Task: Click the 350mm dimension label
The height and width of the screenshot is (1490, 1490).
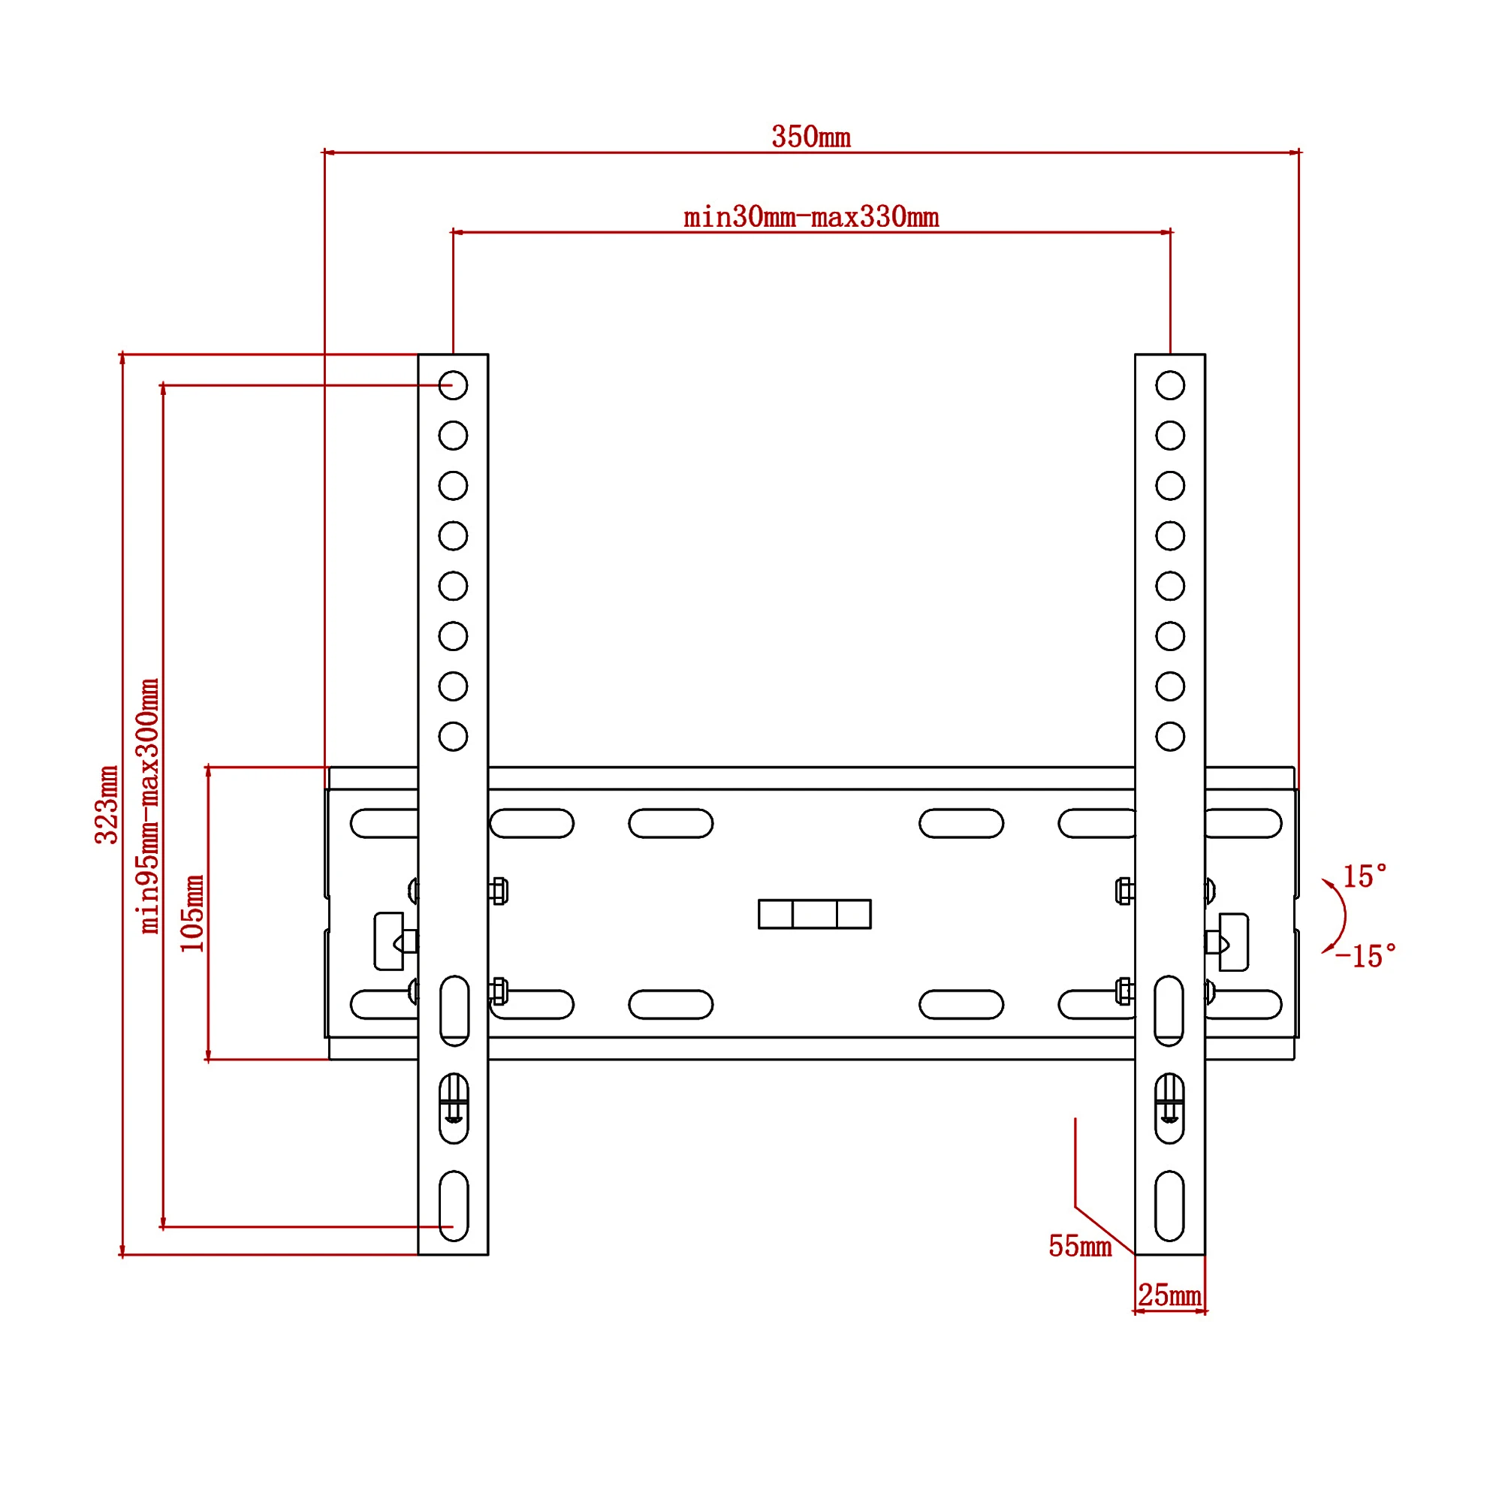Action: pos(810,137)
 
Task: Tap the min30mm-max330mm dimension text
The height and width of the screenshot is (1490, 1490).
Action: pos(810,218)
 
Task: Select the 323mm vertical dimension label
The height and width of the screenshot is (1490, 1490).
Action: pos(107,804)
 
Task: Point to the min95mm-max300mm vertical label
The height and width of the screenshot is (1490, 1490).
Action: pos(149,806)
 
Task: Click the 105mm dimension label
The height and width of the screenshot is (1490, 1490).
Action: pos(193,913)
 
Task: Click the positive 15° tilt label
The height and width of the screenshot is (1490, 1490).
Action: pos(1365,877)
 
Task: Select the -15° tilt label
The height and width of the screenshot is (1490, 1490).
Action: pos(1366,957)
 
